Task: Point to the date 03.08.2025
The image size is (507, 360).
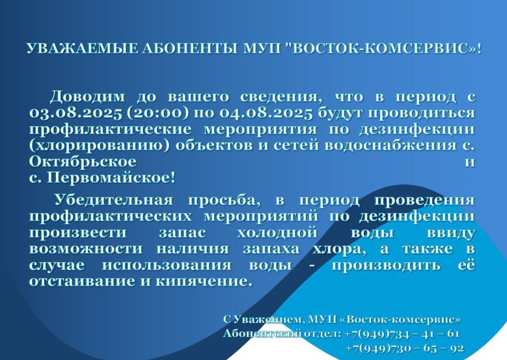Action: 76,113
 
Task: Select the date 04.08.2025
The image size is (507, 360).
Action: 266,113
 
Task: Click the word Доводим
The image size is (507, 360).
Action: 87,97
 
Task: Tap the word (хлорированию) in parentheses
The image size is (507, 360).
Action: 99,145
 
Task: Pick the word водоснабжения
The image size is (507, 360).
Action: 390,145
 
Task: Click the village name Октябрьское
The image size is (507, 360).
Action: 83,162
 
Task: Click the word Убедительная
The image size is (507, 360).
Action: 114,200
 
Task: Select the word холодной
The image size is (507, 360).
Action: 277,233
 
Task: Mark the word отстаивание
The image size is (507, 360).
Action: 82,281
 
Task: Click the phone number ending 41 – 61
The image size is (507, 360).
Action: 402,334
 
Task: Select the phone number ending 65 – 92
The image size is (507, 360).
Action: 405,348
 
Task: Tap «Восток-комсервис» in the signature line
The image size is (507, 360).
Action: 401,319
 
